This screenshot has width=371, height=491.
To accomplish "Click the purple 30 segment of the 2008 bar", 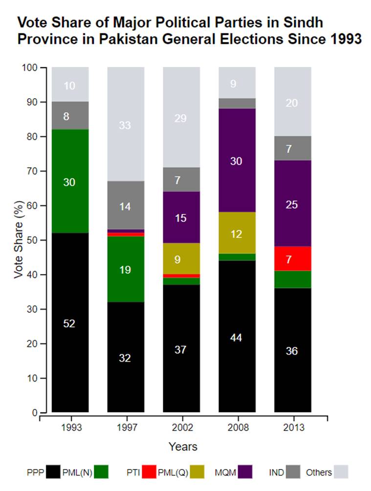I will click(x=237, y=160).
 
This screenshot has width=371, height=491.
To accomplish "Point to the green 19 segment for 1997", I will click(x=126, y=269).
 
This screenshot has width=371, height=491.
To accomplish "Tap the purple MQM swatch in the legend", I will click(x=244, y=472).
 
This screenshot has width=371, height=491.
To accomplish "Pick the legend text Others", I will click(x=319, y=472).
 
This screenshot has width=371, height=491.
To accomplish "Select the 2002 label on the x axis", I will click(x=181, y=428).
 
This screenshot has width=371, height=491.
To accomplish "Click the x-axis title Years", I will click(x=183, y=447).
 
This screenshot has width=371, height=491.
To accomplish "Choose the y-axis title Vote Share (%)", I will click(x=18, y=240).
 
